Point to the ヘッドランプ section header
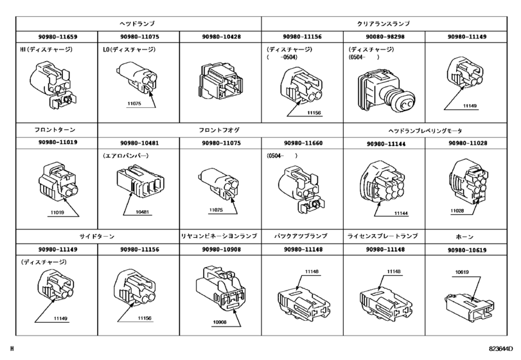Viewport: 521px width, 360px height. [137, 23]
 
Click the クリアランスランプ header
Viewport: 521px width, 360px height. [384, 23]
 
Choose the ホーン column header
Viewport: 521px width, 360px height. [467, 236]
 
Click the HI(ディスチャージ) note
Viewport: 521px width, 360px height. [47, 50]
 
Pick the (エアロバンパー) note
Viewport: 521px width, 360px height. [127, 156]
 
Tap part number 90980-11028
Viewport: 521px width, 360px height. [467, 144]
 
